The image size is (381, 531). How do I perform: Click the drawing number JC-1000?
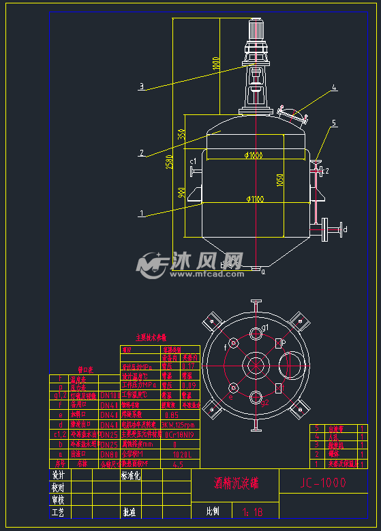click(322, 483)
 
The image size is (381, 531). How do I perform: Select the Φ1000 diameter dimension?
click(253, 156)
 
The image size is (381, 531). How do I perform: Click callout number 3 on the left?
click(141, 86)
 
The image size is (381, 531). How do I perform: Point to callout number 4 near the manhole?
click(334, 88)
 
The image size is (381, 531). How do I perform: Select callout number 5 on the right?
click(334, 123)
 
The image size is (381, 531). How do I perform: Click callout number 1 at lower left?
click(141, 214)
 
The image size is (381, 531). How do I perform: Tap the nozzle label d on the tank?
click(345, 229)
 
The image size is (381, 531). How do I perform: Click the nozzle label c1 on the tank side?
click(193, 161)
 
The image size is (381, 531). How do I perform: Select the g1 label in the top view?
click(264, 328)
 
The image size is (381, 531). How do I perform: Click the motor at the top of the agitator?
click(256, 31)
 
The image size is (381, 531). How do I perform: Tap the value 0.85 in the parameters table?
click(172, 415)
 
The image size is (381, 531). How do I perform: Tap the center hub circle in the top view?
click(256, 365)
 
